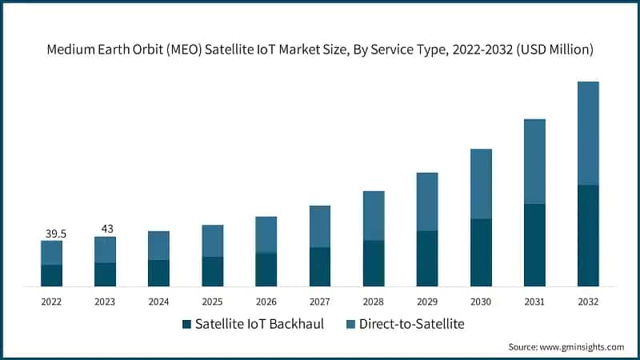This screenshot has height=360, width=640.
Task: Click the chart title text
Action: coord(320,50)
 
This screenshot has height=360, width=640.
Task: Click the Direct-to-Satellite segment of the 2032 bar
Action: coord(588,133)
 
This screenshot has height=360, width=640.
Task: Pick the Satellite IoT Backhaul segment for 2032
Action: coord(588,235)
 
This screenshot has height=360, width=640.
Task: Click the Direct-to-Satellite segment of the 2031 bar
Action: coord(534,161)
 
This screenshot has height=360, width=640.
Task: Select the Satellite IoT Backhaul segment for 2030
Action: coord(481,252)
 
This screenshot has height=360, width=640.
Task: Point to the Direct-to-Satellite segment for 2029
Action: coord(427,202)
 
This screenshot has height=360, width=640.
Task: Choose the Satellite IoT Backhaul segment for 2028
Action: coord(374,263)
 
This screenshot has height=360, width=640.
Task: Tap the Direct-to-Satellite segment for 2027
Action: coord(320,226)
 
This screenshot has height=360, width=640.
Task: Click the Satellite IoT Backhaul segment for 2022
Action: coord(51,275)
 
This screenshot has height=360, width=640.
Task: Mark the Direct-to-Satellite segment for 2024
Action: coord(158,246)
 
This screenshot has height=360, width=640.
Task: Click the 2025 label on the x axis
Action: coord(212,302)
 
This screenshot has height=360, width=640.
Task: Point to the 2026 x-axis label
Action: coord(266,302)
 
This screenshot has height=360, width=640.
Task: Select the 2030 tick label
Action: coord(481,302)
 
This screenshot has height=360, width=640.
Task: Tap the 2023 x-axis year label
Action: coord(105,302)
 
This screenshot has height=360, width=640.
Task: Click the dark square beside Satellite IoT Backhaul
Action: coord(187,325)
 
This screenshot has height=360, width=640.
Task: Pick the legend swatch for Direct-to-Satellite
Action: coord(349,325)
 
